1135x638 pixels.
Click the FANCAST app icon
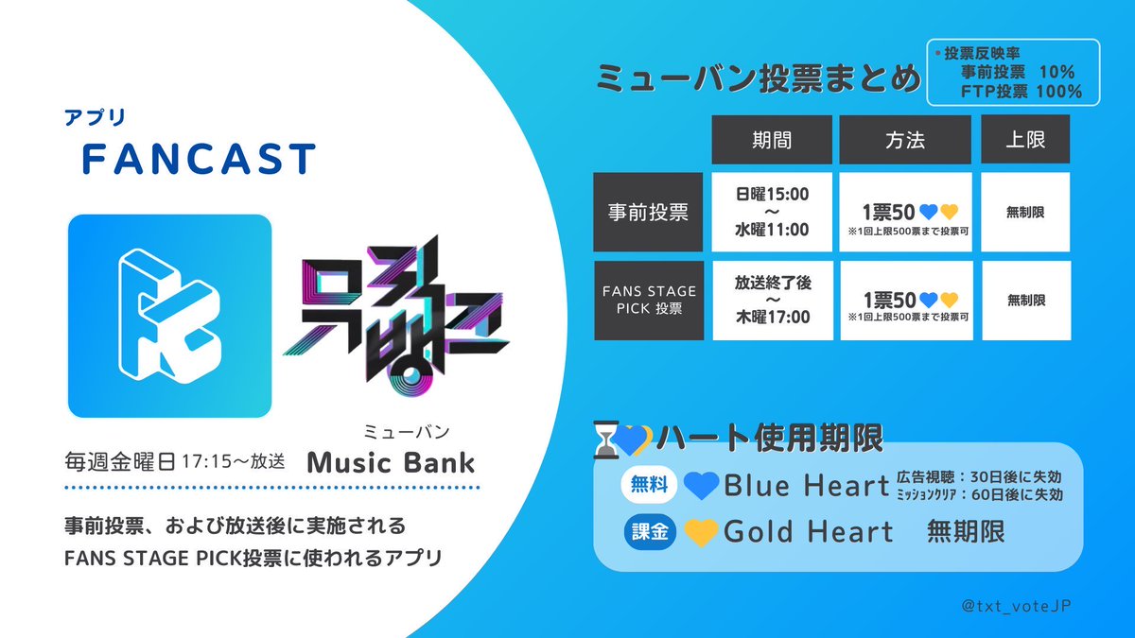click(169, 317)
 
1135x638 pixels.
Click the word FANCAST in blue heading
click(198, 160)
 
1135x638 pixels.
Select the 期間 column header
click(772, 140)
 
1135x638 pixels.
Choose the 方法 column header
click(905, 140)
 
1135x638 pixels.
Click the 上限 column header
click(1025, 140)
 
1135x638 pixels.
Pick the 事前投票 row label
click(648, 212)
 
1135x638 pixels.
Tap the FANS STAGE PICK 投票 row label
click(648, 301)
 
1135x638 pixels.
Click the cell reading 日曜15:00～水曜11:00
click(772, 212)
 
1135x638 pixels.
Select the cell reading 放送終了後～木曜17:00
click(772, 301)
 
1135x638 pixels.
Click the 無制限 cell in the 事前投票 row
click(1025, 212)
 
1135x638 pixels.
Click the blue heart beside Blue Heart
click(701, 487)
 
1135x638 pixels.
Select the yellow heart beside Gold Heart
click(701, 533)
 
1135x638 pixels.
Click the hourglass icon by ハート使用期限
click(604, 439)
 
